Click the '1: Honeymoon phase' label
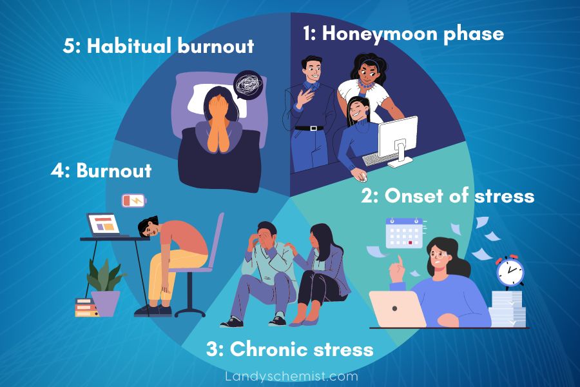tap(403, 34)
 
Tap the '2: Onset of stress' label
tap(448, 195)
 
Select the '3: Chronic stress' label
tap(289, 349)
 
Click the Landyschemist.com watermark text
tap(291, 375)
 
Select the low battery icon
tap(134, 201)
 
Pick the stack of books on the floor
tap(86, 308)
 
